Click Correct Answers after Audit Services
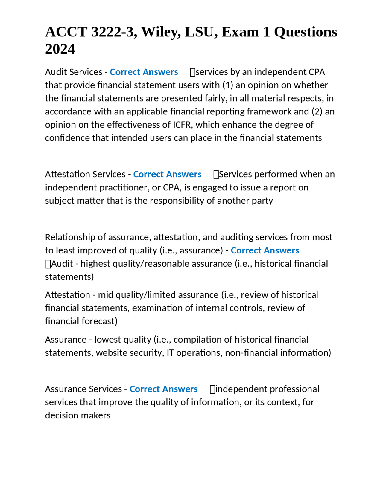click(x=144, y=72)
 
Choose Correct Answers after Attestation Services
click(x=167, y=174)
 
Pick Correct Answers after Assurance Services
click(x=163, y=389)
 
